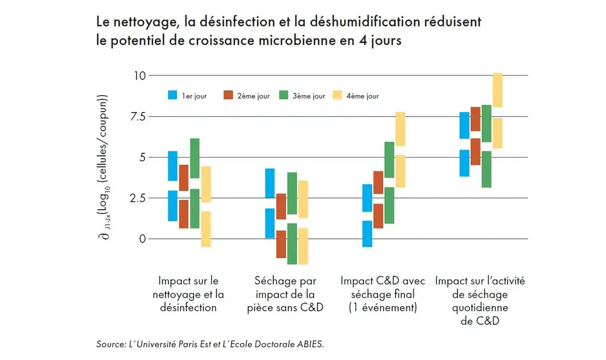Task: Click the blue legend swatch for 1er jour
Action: pos(172,96)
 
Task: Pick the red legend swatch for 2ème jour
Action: pos(228,96)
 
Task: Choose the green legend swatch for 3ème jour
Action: pos(283,96)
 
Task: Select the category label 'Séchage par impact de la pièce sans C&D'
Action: pos(285,295)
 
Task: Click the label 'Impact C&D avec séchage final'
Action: pos(382,288)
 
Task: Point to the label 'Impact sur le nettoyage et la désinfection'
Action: pos(188,295)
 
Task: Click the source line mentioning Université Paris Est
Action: pos(210,344)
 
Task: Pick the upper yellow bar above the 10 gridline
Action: pos(497,90)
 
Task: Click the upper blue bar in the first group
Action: pos(172,165)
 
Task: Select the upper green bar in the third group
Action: pos(389,159)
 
